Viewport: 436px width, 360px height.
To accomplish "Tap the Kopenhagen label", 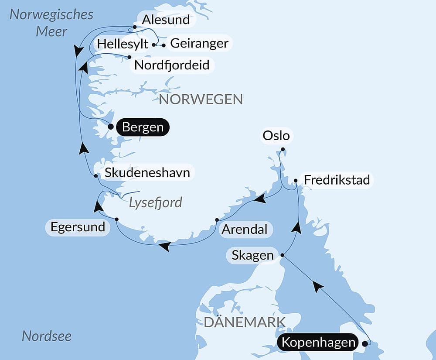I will click(318, 343).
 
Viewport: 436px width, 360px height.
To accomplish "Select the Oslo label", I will click(276, 136).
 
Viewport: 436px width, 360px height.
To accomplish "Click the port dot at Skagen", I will click(283, 255).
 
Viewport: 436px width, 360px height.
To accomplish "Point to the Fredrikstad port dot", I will click(296, 180).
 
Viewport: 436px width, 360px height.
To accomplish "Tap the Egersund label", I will click(78, 227).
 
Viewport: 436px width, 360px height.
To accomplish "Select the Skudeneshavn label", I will click(147, 172).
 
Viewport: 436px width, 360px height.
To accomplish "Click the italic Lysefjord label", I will click(155, 202).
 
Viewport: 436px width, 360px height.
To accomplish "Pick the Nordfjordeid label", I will click(172, 65).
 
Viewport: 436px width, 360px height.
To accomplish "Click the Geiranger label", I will click(199, 43).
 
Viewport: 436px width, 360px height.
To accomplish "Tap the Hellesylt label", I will click(123, 44).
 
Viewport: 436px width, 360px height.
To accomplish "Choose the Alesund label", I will click(166, 20).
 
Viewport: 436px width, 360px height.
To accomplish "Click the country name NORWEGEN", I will click(201, 99).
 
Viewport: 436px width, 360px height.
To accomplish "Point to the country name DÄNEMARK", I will click(245, 322).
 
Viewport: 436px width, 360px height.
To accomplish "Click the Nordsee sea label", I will click(47, 336).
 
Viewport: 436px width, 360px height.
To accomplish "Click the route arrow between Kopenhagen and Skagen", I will click(318, 287).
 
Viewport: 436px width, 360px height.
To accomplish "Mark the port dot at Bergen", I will click(111, 127).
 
